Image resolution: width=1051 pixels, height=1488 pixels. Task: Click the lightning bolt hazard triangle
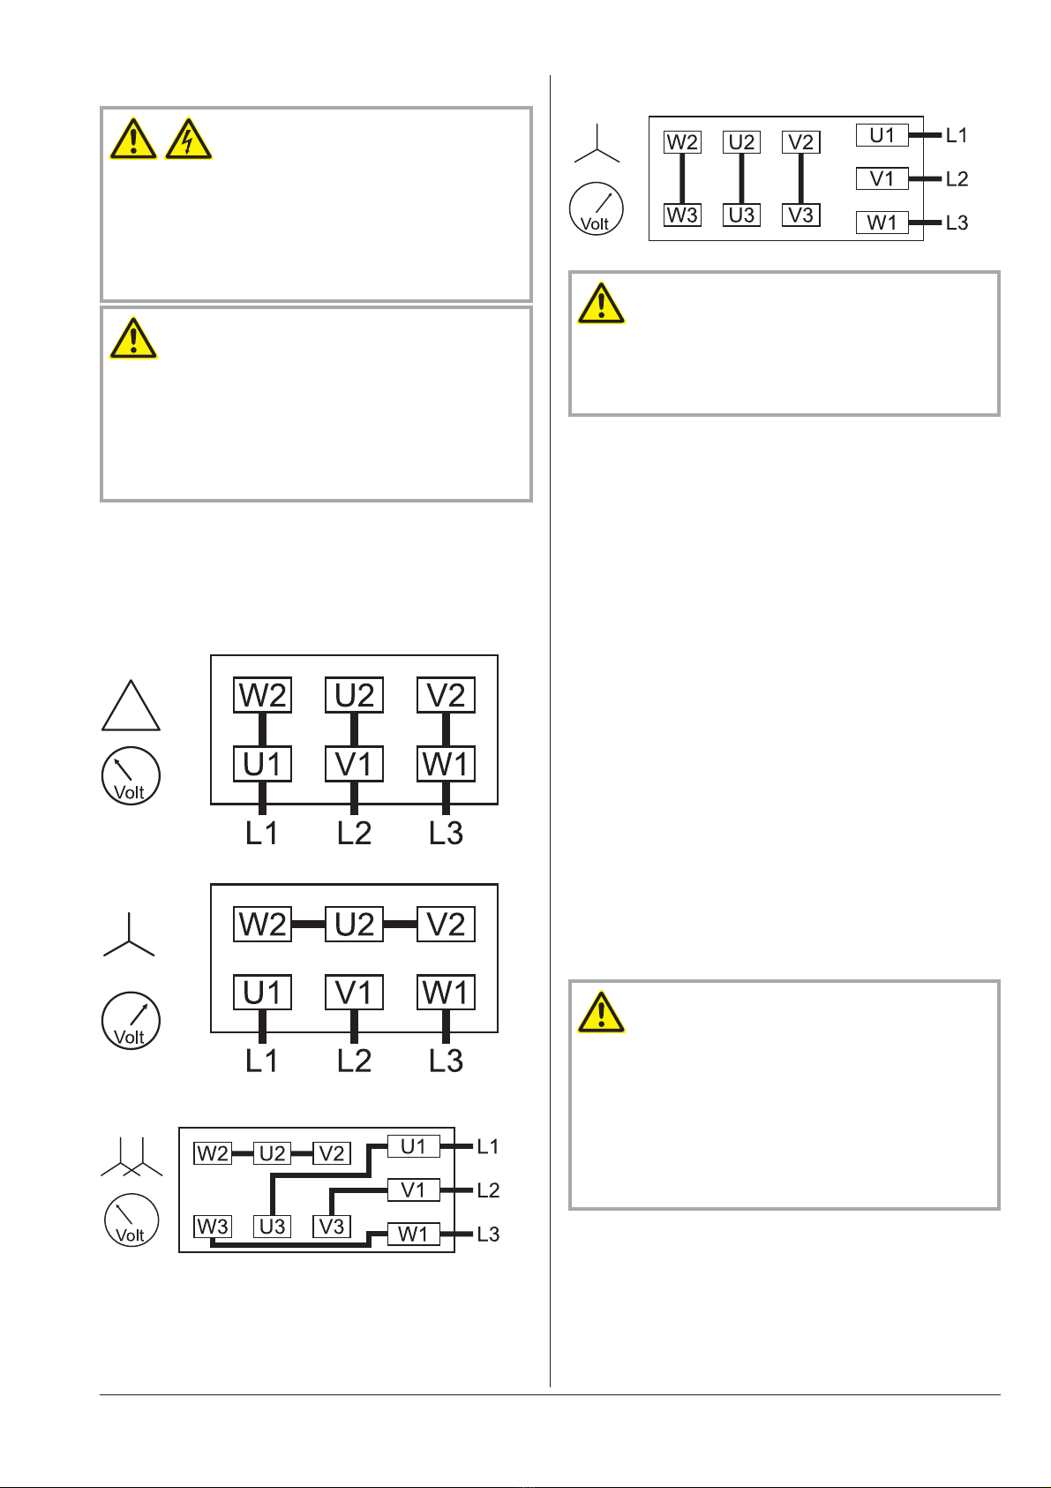click(189, 140)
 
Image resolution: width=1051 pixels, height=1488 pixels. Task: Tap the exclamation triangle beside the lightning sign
click(133, 140)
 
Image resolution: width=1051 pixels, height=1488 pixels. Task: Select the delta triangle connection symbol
click(131, 706)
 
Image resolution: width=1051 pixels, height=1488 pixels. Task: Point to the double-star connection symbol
click(131, 1157)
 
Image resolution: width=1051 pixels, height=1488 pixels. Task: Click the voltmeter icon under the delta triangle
click(131, 776)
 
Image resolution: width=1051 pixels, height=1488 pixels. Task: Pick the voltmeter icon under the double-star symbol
click(131, 1220)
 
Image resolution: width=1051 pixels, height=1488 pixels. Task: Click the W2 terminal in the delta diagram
click(262, 695)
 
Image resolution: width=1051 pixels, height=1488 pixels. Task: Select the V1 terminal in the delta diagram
click(354, 764)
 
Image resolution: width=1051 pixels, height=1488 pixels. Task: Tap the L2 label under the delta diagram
click(354, 833)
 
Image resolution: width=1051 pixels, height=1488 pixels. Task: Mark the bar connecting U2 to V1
click(354, 729)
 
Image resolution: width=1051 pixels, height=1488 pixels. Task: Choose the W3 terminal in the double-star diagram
click(213, 1227)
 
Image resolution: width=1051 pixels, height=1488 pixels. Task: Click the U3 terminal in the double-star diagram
click(272, 1227)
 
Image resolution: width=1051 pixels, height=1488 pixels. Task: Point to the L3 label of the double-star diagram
click(488, 1235)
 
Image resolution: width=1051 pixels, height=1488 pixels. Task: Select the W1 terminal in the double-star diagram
click(413, 1235)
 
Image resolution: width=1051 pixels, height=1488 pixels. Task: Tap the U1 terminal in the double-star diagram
click(413, 1146)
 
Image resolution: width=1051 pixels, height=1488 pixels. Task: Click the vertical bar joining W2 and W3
click(682, 178)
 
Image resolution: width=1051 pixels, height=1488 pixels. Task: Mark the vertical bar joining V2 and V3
click(800, 178)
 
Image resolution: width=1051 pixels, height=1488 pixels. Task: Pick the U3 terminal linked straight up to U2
click(741, 215)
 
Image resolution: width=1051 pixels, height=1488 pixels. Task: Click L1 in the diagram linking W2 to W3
click(956, 135)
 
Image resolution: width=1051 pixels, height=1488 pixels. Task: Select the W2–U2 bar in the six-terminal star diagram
click(308, 924)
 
